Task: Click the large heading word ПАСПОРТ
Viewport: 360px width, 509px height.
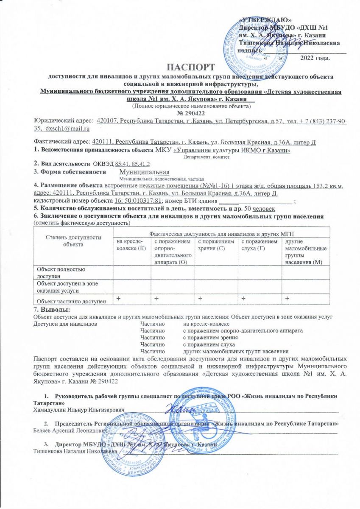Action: coord(190,67)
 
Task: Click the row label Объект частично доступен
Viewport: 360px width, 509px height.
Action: coord(71,301)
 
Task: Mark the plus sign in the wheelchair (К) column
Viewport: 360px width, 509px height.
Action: coord(114,299)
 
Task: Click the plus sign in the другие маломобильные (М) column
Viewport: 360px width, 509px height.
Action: coord(287,299)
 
